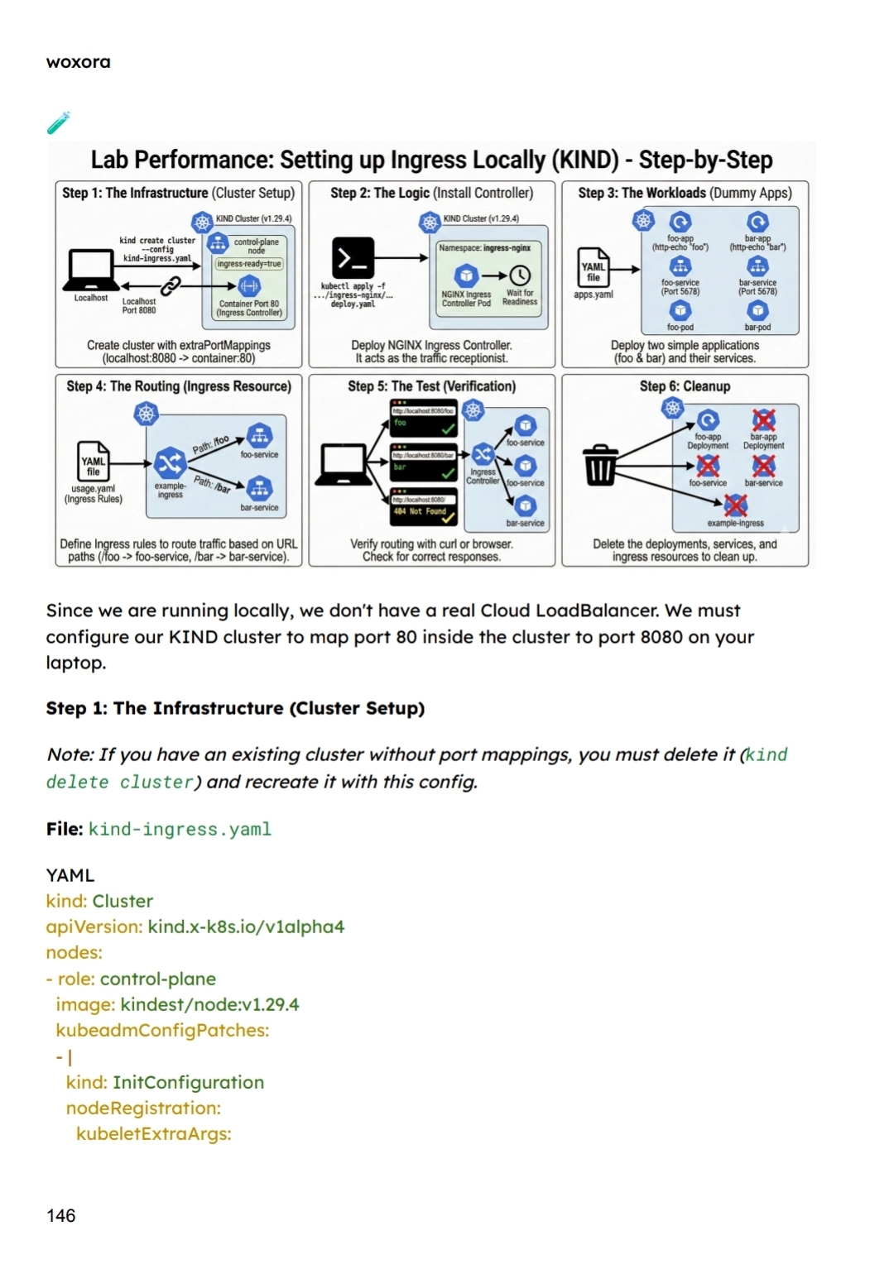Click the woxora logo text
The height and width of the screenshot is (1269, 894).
click(78, 62)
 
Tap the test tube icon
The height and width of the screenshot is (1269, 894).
click(59, 122)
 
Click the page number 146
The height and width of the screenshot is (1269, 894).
click(60, 1215)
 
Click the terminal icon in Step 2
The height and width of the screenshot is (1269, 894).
click(353, 257)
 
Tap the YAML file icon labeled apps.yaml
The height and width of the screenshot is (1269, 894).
click(594, 267)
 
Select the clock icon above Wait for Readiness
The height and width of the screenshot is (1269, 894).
click(520, 275)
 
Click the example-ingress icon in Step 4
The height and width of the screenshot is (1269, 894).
click(170, 462)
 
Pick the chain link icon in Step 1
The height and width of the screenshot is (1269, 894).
click(171, 286)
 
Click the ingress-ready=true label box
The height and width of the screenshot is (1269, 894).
click(249, 264)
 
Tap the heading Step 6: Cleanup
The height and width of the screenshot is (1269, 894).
click(685, 386)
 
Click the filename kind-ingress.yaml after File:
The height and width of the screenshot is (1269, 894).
click(180, 829)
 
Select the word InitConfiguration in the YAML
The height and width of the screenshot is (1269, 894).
click(188, 1082)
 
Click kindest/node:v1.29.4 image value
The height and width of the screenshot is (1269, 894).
click(209, 1004)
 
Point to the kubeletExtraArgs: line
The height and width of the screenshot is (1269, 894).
click(153, 1133)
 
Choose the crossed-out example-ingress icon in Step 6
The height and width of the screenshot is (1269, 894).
click(735, 505)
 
